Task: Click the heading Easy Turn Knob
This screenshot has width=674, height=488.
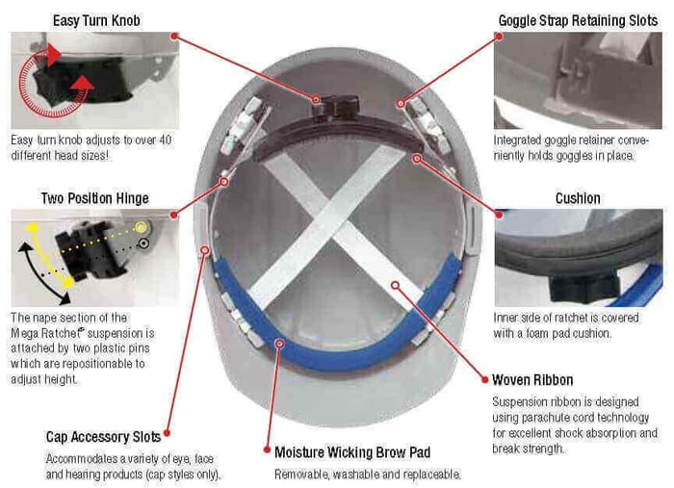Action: [96, 20]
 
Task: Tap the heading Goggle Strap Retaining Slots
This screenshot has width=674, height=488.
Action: [578, 20]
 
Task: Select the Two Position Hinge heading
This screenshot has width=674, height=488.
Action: [95, 198]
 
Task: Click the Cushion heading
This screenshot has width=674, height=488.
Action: [578, 198]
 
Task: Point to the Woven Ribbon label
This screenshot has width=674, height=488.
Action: [532, 380]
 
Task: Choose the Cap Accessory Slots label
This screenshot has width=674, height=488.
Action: [103, 437]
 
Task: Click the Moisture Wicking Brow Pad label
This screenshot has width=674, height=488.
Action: [352, 452]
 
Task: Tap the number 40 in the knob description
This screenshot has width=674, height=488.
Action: [166, 140]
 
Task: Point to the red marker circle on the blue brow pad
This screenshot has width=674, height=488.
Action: [280, 344]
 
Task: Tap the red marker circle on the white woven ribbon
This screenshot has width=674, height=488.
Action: [396, 285]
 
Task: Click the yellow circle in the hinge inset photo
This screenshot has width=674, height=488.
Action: [141, 227]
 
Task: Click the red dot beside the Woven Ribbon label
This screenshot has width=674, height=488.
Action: [485, 380]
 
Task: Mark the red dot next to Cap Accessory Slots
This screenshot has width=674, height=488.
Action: [167, 433]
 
